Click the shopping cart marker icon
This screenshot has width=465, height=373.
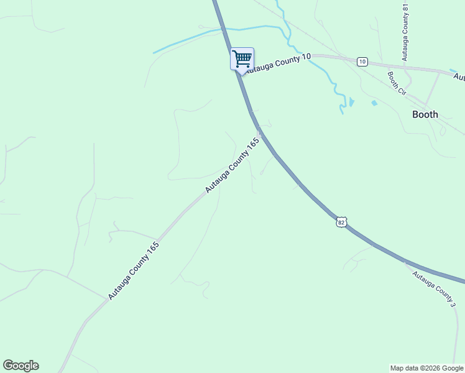coord(242,59)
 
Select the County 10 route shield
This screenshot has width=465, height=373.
coord(362,61)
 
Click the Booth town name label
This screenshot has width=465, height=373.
coord(425,114)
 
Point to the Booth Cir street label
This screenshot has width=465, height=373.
coord(396,83)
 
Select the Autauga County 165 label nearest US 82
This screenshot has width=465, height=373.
coord(233,165)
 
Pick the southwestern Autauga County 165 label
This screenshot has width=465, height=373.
coord(134,270)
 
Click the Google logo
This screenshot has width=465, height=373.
coord(21,366)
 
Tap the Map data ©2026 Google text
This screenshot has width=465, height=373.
coord(427,368)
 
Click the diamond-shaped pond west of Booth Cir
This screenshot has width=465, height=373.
coord(374,103)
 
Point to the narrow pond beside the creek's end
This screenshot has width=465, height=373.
coord(352,101)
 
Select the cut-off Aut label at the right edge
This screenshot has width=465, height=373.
coord(459,77)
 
